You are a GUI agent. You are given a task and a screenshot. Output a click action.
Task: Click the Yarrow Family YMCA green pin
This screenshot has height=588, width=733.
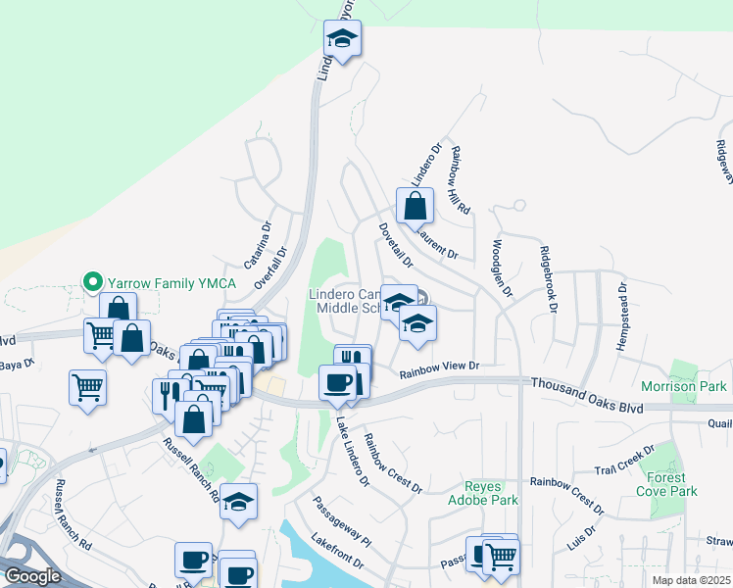point(94,282)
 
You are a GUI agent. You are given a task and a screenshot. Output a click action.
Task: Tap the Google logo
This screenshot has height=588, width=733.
point(33,576)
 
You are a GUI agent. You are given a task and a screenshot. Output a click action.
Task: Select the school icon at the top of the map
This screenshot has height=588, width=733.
point(342,39)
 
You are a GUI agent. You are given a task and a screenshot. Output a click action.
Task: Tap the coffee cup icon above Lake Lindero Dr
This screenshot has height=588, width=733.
point(338,381)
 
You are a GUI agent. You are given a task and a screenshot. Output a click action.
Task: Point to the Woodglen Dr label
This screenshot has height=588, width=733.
point(502,268)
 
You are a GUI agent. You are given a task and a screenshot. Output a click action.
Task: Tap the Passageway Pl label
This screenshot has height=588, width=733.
point(342,521)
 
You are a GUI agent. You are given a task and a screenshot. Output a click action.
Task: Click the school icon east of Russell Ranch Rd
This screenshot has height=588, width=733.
point(238,502)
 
